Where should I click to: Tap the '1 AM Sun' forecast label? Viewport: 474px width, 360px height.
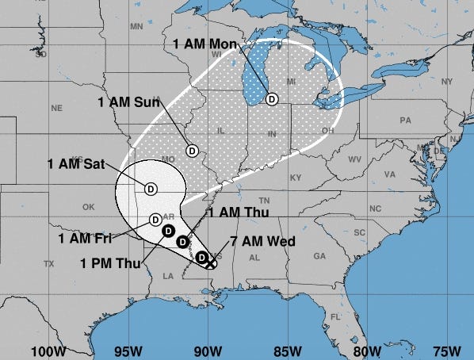(128, 102)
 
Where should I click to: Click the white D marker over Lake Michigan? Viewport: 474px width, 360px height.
(272, 99)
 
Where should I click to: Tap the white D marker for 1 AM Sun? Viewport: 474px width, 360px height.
(192, 151)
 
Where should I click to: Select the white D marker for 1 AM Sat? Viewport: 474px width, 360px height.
(151, 188)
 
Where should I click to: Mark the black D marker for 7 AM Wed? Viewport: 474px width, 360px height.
(202, 257)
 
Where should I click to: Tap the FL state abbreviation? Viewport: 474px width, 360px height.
(335, 317)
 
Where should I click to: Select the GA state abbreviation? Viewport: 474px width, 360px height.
(319, 256)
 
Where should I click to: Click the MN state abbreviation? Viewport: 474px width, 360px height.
(136, 25)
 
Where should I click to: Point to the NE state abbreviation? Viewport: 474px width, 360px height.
(56, 108)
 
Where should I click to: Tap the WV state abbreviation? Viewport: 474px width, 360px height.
(354, 159)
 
